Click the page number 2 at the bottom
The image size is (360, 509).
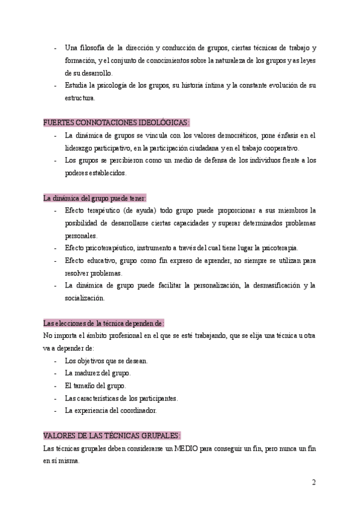pyautogui.click(x=314, y=482)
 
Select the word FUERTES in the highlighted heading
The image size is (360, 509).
pyautogui.click(x=58, y=122)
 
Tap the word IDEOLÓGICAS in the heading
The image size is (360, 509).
pyautogui.click(x=164, y=122)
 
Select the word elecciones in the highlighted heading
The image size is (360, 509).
pyautogui.click(x=69, y=323)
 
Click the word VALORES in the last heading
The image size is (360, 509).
pyautogui.click(x=58, y=436)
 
